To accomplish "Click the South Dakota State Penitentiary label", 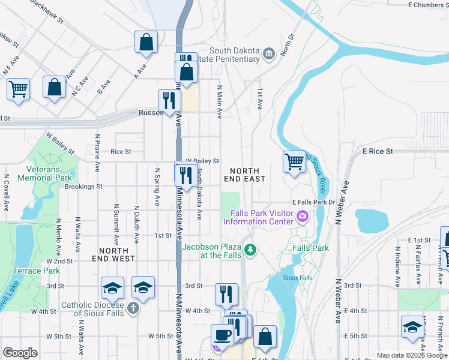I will [238, 54].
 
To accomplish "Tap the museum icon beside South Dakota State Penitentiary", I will [268, 53].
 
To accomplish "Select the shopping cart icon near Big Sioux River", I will [294, 161].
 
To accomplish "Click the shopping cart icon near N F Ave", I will [18, 89].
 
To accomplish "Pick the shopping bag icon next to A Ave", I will [146, 41].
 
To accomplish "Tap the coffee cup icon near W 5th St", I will [221, 335].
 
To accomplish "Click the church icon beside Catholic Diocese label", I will [133, 308].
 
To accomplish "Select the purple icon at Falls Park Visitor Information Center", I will [303, 217].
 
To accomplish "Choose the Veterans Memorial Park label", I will [45, 173].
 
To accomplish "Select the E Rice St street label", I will [378, 152].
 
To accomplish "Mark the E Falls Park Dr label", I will [313, 203].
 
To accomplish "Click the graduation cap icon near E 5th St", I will [412, 328].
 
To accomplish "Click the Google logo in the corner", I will [20, 353].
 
